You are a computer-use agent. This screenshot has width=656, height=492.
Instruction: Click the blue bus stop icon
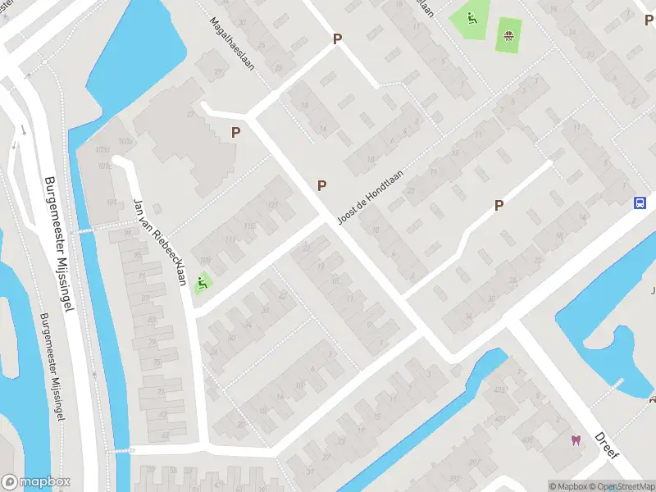pos(640,203)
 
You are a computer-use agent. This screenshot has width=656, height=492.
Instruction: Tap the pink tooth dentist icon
pos(576,440)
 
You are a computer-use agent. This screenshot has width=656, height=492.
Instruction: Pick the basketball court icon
pos(509,34)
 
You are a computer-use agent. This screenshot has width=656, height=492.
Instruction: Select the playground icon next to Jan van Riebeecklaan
pos(202,284)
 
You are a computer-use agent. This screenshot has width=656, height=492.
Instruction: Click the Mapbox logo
pos(36,482)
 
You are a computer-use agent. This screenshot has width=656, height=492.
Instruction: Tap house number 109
pos(204,261)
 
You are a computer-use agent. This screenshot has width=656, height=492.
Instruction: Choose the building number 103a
pos(125,142)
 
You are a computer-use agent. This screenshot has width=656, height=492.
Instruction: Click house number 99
pos(126,234)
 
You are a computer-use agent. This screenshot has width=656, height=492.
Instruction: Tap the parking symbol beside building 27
pos(236,132)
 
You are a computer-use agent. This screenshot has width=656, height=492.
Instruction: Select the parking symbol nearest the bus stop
pos(499,206)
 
